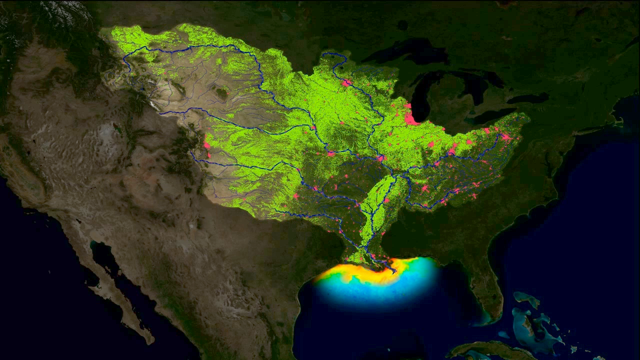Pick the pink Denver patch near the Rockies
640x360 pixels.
tap(206, 145)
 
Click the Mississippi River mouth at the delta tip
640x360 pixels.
tap(394, 271)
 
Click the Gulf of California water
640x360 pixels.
tap(107, 265)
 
